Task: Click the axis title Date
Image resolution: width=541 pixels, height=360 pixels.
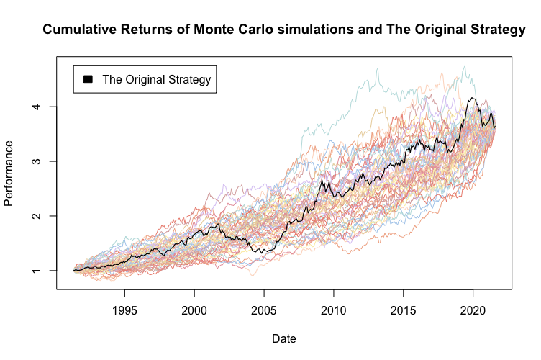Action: (x=283, y=338)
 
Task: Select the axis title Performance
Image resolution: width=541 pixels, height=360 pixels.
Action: (x=9, y=173)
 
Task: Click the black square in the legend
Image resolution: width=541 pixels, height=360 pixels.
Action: (x=88, y=79)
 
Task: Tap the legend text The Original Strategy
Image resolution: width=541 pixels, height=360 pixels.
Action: (x=156, y=79)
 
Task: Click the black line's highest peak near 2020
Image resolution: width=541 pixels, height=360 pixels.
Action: (x=473, y=98)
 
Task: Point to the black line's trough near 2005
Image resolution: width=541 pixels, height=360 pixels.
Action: (x=263, y=253)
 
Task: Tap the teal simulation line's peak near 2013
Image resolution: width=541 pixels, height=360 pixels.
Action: (x=377, y=68)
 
